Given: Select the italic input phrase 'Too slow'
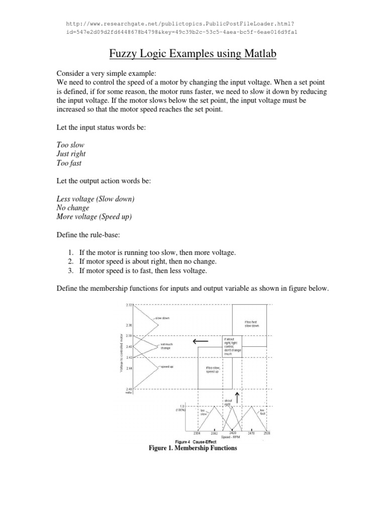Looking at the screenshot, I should coord(70,145).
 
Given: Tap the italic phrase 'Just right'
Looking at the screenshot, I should coord(71,154).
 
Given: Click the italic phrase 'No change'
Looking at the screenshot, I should coord(73,208).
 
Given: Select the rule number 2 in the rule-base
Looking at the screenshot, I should coord(71,262).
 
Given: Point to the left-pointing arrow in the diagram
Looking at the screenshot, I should coord(198,342).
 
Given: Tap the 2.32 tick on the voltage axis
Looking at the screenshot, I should coord(128,304).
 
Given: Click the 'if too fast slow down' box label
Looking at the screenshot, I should coord(251,324).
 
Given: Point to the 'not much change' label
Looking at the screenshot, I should coord(166,346).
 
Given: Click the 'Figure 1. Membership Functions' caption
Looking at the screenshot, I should coord(193,448).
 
